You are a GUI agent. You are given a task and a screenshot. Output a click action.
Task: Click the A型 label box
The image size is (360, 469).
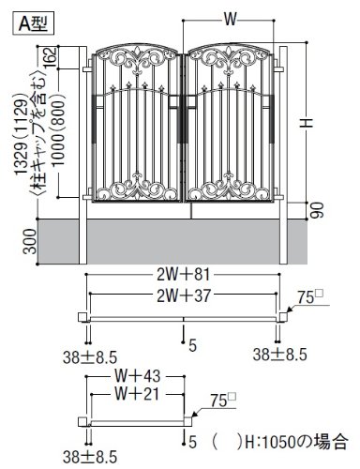(x=34, y=23)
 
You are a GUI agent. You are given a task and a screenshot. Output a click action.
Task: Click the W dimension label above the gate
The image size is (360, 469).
(x=230, y=20)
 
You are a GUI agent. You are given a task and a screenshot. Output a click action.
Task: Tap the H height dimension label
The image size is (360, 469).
(x=307, y=122)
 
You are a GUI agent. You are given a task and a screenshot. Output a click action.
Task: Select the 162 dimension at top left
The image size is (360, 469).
(x=51, y=57)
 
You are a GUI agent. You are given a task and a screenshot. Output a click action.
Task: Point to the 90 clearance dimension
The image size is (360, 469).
(x=317, y=210)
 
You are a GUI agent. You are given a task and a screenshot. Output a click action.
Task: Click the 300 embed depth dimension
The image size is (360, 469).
(x=30, y=241)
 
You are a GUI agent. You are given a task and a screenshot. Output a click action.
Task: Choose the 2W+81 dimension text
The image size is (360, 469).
(x=183, y=275)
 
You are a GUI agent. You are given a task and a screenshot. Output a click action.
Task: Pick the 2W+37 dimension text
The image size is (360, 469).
(x=184, y=295)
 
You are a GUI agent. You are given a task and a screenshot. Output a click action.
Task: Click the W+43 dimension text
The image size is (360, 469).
(x=138, y=376)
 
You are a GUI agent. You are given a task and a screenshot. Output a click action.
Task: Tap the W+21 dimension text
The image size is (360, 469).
(x=137, y=394)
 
